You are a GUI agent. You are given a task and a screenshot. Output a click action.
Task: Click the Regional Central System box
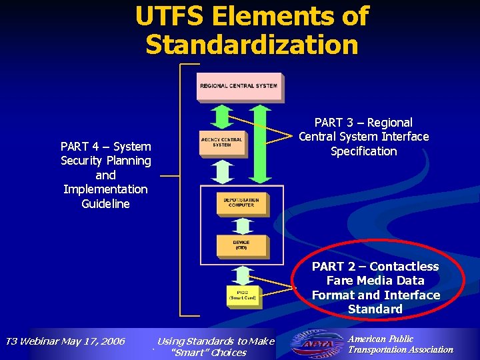click(239, 87)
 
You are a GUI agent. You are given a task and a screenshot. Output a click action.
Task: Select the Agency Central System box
click(221, 143)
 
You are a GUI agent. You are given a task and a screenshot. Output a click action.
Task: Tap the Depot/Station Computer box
click(241, 203)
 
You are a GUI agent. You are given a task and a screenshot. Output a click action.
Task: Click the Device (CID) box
click(241, 245)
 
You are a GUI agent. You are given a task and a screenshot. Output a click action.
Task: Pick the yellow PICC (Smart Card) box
click(241, 295)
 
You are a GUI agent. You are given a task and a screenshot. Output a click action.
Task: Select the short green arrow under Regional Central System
click(222, 117)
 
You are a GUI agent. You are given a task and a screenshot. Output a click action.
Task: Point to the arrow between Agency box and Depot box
click(222, 172)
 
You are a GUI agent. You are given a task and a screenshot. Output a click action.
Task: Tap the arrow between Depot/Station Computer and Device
click(241, 225)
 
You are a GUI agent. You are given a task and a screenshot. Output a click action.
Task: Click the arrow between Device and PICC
click(241, 274)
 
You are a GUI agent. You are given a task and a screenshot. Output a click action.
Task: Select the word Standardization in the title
click(251, 45)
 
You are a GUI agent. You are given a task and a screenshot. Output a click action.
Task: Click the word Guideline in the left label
click(105, 204)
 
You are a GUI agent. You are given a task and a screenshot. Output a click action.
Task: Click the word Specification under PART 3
click(363, 151)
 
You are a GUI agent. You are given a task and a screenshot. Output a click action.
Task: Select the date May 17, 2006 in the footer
click(94, 341)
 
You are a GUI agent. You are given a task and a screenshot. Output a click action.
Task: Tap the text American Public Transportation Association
click(400, 344)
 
